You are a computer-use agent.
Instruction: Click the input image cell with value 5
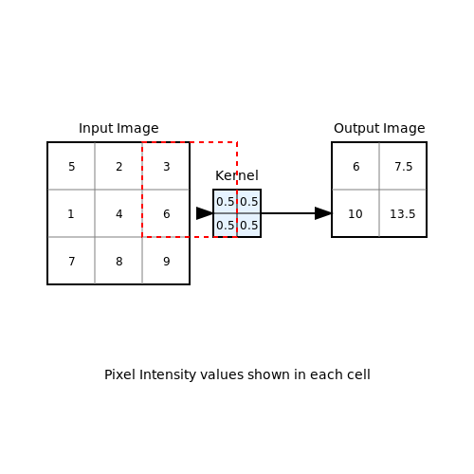pos(71,166)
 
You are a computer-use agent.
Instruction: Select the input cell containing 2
pos(118,166)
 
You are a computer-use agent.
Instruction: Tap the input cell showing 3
pos(166,166)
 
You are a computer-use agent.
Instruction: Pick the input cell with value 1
pos(71,213)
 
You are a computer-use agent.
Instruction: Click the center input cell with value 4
pos(118,213)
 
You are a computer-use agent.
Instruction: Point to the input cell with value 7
pos(71,261)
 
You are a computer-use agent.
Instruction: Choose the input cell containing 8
pos(118,261)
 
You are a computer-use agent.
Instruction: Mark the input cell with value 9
pos(166,261)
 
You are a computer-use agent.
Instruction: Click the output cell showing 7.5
pos(403,166)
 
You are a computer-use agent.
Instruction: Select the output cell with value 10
pos(355,213)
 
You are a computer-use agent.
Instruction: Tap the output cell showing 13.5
pos(403,213)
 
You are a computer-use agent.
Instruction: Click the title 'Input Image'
pos(118,128)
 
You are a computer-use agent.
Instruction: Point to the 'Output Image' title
pos(379,128)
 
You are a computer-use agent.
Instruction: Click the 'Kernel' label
pos(237,175)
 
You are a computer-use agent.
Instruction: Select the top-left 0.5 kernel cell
pos(225,201)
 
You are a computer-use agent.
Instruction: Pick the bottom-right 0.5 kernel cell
pos(248,225)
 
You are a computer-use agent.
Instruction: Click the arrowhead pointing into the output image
pos(323,213)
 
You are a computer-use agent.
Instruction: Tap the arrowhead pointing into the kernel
pos(205,213)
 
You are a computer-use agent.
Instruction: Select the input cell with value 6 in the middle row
pos(166,213)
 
